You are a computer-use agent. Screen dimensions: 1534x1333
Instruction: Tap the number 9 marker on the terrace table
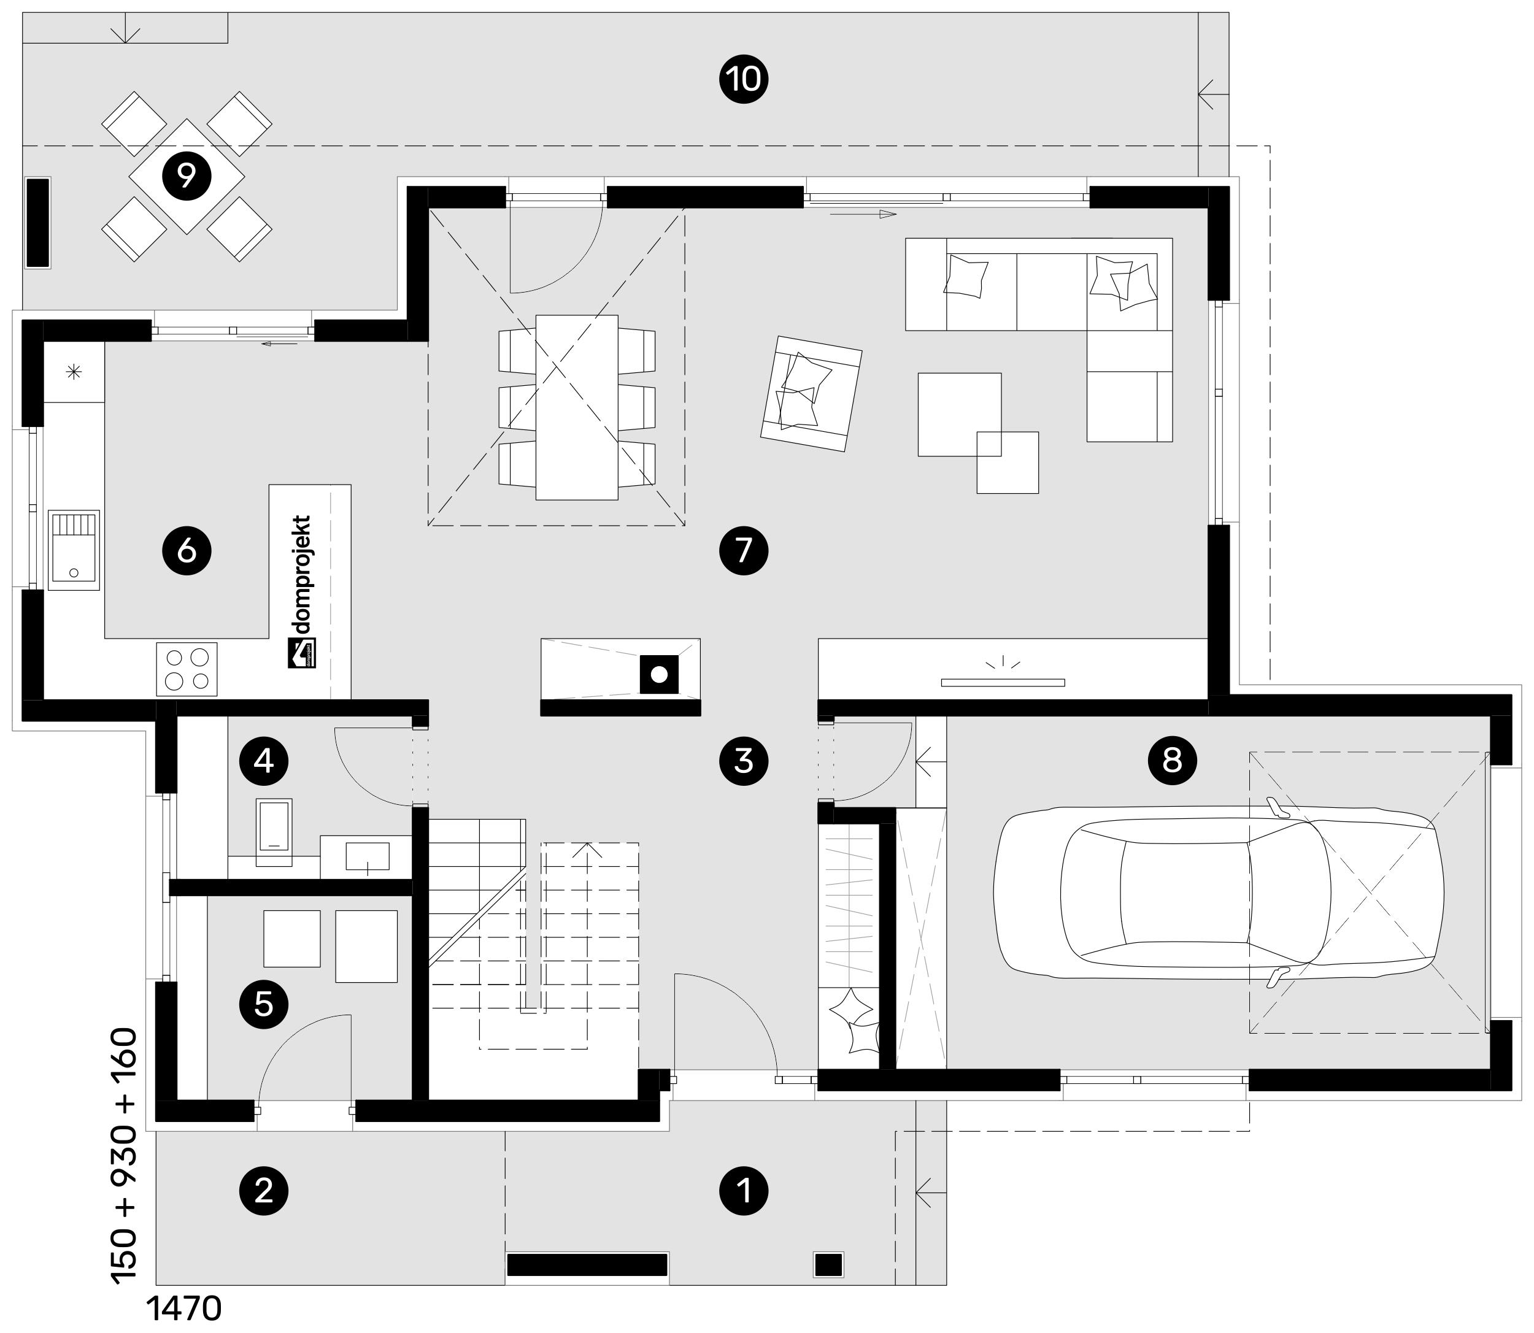coord(187,176)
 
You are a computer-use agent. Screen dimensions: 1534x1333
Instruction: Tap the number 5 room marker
coord(264,1004)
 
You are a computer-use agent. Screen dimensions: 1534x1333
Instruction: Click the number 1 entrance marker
coord(743,1191)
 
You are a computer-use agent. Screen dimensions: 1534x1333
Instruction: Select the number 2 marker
coord(264,1191)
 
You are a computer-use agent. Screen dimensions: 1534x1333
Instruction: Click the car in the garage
coord(1219,892)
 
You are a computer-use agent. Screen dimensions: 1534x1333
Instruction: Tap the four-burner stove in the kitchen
coord(187,669)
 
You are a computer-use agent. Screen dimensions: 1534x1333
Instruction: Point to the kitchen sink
coord(74,550)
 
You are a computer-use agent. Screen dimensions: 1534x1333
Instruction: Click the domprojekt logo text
coord(302,591)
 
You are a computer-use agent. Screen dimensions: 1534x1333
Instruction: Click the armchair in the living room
coord(811,393)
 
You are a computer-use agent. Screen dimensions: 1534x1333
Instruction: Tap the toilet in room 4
coord(274,832)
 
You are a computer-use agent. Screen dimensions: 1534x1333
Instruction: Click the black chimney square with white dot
coord(658,674)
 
